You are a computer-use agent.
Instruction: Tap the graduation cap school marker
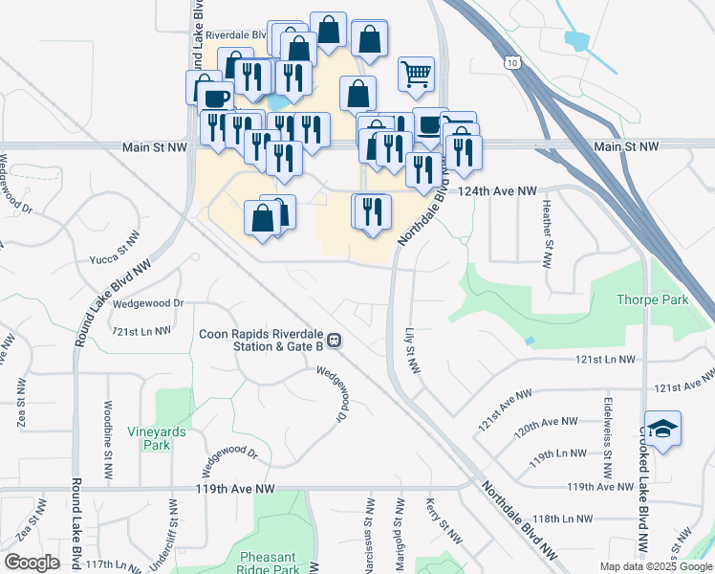coord(662,429)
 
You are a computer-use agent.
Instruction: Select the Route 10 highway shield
coord(513,62)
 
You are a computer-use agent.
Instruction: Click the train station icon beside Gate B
coord(335,339)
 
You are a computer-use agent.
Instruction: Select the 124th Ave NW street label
coord(497,191)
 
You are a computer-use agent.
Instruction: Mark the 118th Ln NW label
coord(563,519)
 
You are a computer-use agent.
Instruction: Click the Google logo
coord(31,563)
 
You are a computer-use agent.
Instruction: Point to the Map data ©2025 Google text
coord(655,566)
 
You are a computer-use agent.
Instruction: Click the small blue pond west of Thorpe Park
coord(530,342)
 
